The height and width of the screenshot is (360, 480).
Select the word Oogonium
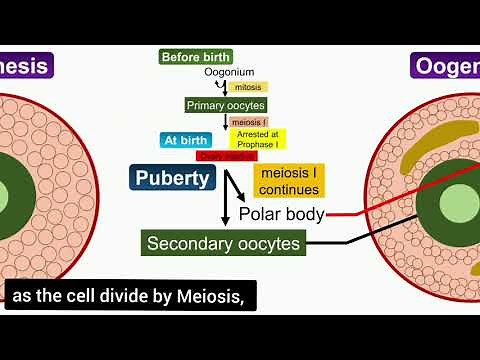click(229, 73)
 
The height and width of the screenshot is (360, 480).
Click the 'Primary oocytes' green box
click(225, 105)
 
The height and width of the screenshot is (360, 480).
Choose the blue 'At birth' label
click(186, 140)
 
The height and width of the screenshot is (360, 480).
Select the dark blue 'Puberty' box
click(174, 179)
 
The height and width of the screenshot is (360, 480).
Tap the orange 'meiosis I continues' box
click(287, 182)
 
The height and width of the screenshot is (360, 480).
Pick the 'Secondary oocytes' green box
click(223, 243)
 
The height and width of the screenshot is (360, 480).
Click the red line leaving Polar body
click(350, 212)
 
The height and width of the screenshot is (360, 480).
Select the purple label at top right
click(446, 67)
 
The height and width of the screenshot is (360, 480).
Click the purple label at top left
click(26, 67)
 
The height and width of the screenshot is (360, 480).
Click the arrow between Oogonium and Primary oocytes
click(229, 87)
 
